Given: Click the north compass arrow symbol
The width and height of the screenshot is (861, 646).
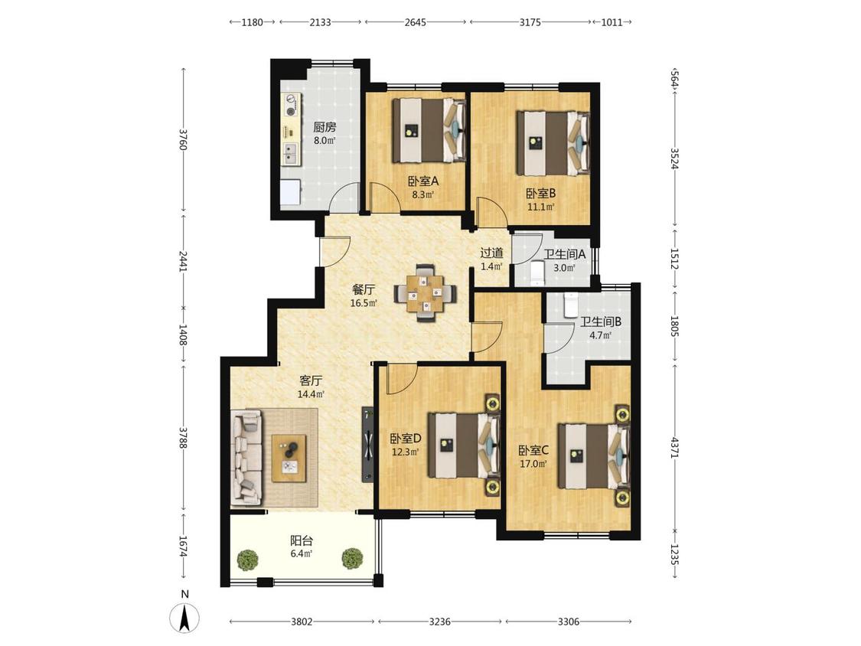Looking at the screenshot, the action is [184, 618].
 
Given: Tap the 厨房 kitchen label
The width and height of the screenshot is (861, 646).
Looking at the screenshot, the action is [325, 128].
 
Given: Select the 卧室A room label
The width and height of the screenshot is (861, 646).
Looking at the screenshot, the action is [422, 181].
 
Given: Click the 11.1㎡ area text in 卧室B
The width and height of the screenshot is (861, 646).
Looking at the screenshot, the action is [540, 207].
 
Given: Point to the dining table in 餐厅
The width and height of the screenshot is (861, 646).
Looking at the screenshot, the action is [424, 292].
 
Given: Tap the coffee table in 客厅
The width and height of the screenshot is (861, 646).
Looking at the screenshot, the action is [289, 458].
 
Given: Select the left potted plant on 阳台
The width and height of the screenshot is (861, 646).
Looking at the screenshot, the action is [248, 560].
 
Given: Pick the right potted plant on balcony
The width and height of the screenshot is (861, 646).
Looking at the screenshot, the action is [352, 559].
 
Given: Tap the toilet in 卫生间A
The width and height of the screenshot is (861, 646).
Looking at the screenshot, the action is [536, 274].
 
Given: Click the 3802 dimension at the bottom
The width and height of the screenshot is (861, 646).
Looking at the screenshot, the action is [302, 622].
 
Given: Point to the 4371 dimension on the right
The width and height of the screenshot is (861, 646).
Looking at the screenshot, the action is [675, 446].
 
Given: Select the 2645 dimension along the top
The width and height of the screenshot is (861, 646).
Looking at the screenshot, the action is [415, 22].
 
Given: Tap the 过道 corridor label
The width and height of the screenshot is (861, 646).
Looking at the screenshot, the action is [491, 253].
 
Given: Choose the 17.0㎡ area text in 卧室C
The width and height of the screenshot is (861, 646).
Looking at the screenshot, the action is [533, 464].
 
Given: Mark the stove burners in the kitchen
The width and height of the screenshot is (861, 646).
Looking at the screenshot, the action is [291, 106].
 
